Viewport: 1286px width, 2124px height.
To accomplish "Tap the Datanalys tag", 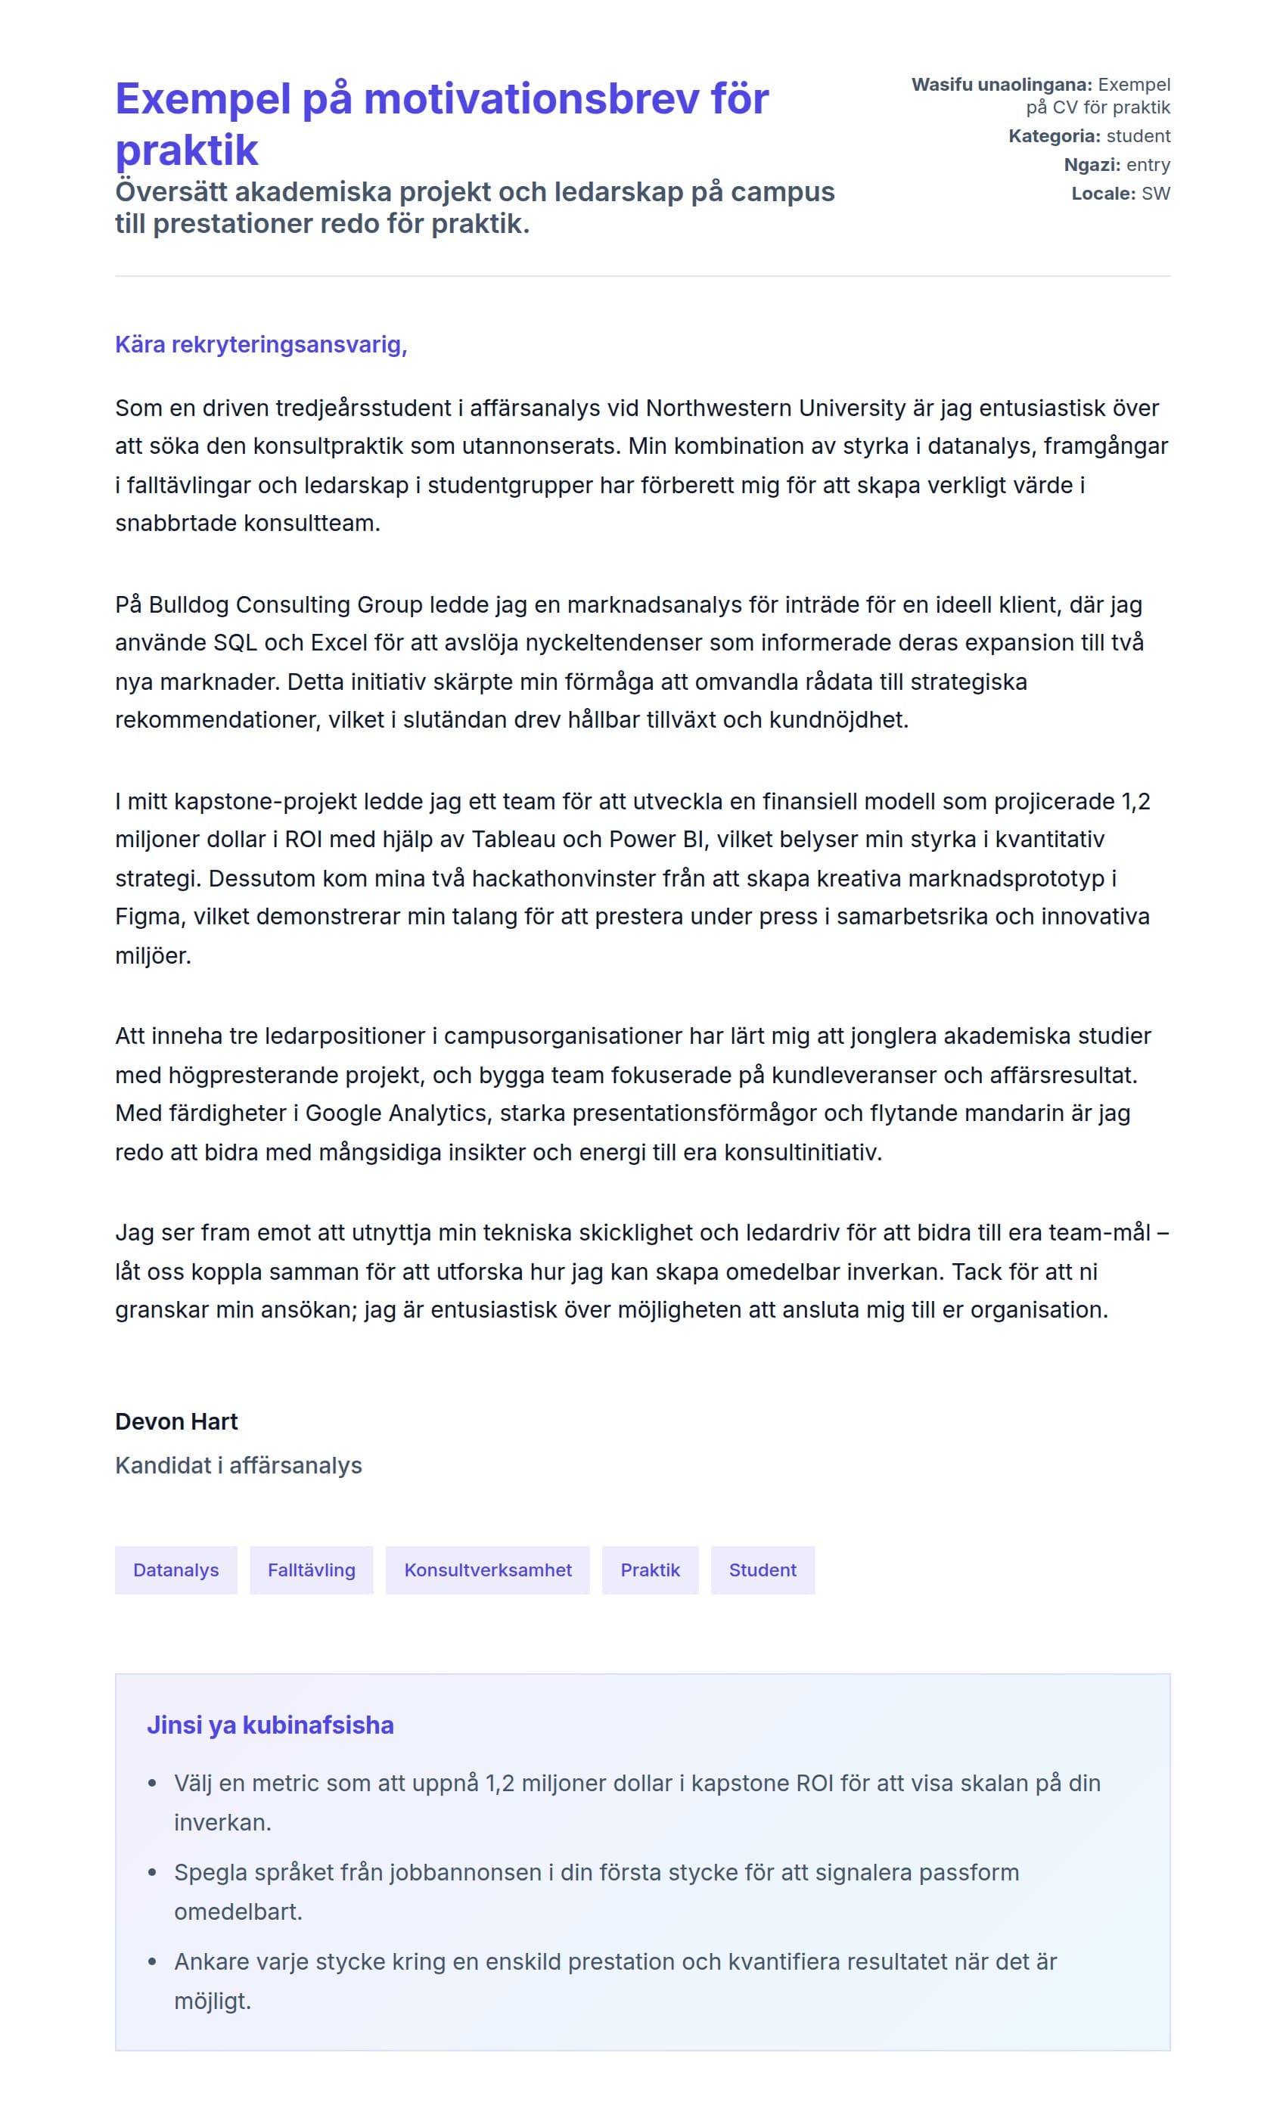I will (x=176, y=1570).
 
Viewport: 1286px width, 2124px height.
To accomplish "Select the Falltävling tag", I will (x=311, y=1570).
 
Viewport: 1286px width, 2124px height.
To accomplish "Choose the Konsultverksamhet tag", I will (x=488, y=1570).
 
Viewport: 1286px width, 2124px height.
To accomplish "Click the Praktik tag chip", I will (x=650, y=1570).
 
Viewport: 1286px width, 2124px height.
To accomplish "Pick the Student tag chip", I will (x=762, y=1570).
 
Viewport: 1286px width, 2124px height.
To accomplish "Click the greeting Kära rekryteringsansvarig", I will (x=261, y=345).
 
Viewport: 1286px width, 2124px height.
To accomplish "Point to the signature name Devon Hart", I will (x=177, y=1421).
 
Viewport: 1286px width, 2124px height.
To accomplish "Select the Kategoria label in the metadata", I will (x=1054, y=136).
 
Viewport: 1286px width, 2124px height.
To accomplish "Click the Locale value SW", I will (x=1156, y=194).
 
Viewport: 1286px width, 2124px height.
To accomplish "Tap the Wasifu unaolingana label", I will (x=1002, y=85).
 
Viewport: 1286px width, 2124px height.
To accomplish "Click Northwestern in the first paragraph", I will (x=719, y=408).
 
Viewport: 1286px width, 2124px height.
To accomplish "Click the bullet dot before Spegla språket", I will (x=153, y=1872).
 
